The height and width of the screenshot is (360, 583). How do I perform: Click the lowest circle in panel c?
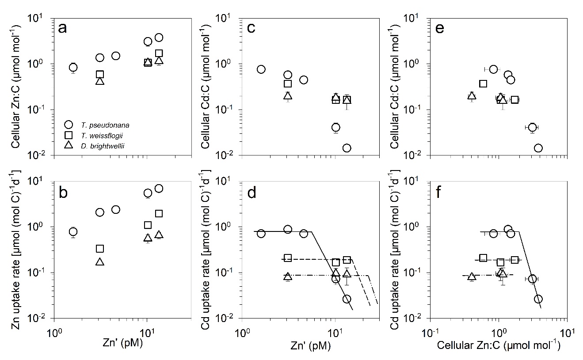tap(347, 148)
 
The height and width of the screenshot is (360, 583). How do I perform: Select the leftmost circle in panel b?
tap(73, 231)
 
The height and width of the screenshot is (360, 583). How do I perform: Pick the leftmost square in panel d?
tap(288, 258)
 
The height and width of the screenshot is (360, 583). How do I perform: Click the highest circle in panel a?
tap(159, 38)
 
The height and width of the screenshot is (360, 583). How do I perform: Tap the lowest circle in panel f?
tap(538, 299)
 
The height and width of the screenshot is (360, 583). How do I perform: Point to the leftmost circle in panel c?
tap(261, 69)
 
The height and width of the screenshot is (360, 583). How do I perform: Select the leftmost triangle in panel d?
tap(288, 277)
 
